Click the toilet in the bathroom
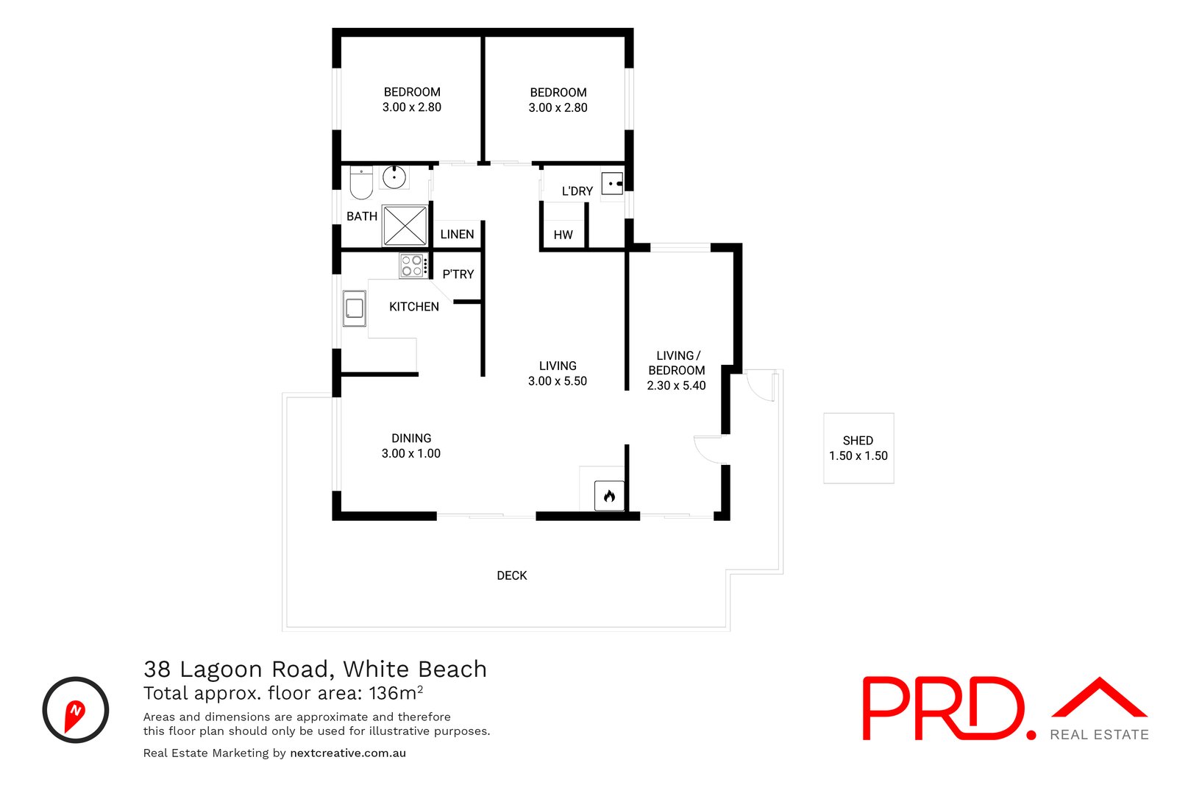coord(360,183)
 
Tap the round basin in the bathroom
coord(394,177)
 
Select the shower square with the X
coord(405,225)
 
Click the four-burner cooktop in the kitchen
coord(412,266)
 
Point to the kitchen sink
coord(355,308)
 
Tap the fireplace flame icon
coord(609,496)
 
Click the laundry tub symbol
coord(612,183)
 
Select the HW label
coord(563,235)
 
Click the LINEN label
coord(457,234)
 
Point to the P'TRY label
coord(458,274)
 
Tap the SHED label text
coord(858,440)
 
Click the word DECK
coord(511,575)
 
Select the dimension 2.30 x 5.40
coord(676,386)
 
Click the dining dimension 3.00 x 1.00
coord(410,453)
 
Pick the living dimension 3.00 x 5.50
coord(557,381)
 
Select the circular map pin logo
coord(76,710)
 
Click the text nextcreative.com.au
coord(348,753)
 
